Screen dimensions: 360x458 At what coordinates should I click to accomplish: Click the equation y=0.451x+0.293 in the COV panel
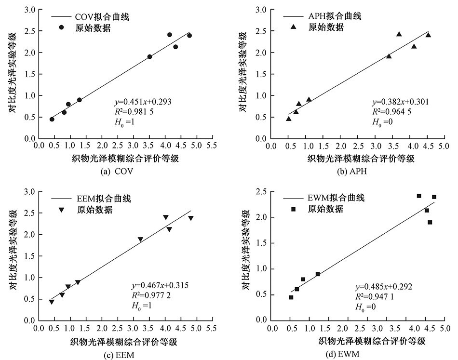pyautogui.click(x=142, y=102)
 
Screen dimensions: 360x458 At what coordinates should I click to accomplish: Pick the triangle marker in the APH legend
pyautogui.click(x=293, y=27)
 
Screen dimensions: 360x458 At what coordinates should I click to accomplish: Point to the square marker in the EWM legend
pyautogui.click(x=293, y=209)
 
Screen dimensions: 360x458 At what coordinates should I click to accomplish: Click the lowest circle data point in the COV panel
pyautogui.click(x=52, y=119)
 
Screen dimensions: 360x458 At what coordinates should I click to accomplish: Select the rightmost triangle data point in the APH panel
pyautogui.click(x=428, y=35)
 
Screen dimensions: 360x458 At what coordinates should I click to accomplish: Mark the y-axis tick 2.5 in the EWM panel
pyautogui.click(x=262, y=192)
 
